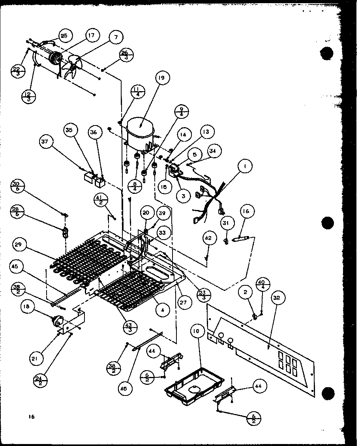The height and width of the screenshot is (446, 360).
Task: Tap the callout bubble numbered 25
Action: pyautogui.click(x=64, y=36)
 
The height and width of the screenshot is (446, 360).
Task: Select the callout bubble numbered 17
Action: pyautogui.click(x=91, y=36)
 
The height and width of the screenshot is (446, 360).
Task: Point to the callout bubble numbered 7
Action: pyautogui.click(x=116, y=38)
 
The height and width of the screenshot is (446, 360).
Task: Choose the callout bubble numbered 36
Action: pyautogui.click(x=93, y=132)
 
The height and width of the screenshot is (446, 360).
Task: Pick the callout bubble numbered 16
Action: pyautogui.click(x=246, y=211)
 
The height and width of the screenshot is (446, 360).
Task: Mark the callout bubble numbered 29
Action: pyautogui.click(x=19, y=245)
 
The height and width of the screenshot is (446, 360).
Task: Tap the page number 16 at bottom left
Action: pyautogui.click(x=32, y=417)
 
